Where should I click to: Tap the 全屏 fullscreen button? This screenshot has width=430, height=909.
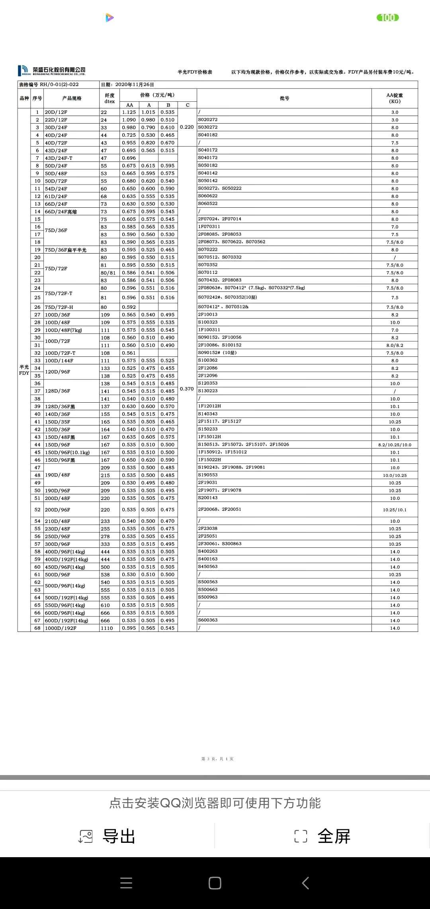(322, 836)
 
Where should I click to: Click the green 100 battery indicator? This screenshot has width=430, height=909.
(387, 18)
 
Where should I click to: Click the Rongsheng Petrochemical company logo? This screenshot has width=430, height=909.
(52, 71)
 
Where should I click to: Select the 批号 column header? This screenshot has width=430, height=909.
(284, 98)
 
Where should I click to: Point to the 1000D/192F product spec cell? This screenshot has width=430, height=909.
(61, 628)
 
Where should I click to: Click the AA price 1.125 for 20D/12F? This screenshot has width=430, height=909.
(129, 112)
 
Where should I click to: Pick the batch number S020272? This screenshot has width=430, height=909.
(208, 120)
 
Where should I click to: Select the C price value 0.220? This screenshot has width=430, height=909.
(187, 127)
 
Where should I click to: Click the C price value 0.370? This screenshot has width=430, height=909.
(187, 389)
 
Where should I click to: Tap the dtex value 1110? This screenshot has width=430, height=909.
(107, 628)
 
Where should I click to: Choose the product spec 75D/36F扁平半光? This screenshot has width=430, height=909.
(65, 250)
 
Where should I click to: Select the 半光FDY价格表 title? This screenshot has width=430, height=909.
(195, 72)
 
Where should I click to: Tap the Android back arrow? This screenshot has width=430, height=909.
(305, 883)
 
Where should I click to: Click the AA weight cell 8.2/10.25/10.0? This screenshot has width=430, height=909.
(395, 445)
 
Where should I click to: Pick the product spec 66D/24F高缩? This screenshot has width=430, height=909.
(61, 212)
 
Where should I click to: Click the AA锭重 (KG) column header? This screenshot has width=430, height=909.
(395, 98)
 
